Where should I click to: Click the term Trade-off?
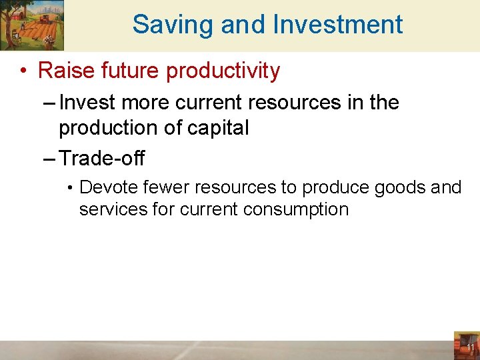pyautogui.click(x=102, y=159)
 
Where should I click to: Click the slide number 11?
pyautogui.click(x=470, y=348)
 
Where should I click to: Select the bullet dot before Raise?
pyautogui.click(x=25, y=71)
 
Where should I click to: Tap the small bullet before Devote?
pyautogui.click(x=70, y=188)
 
